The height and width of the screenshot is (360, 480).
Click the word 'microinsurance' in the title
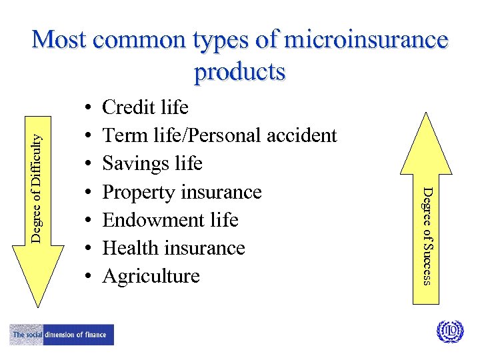point(366,40)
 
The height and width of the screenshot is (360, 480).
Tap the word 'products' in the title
point(240,71)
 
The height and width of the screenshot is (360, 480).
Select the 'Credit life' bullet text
point(145,107)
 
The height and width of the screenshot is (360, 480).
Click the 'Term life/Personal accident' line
point(219,135)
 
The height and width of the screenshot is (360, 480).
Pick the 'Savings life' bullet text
point(152,163)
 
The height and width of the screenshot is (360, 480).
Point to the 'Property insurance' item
point(181,192)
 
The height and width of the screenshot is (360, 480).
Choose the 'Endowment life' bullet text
point(170,220)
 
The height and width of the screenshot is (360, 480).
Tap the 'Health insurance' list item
point(173,248)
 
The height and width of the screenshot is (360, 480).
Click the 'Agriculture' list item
point(151,276)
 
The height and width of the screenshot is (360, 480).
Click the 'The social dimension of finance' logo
point(61,335)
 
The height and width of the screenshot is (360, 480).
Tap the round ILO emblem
point(449,331)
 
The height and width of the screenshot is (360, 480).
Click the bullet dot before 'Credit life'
point(88,108)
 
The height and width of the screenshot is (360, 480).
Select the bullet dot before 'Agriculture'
point(88,277)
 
